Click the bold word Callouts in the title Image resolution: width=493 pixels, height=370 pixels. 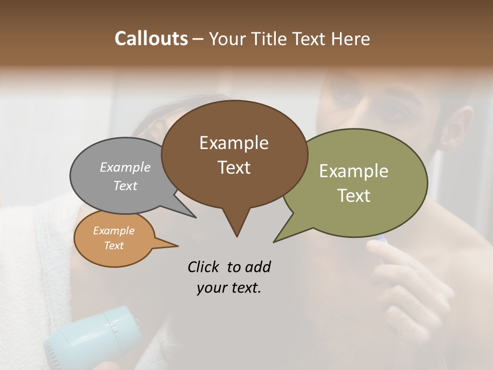(x=151, y=39)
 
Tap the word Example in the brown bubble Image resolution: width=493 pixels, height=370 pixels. (x=234, y=143)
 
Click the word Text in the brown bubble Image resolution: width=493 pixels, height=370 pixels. (x=234, y=168)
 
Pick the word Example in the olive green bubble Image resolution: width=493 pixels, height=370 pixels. (x=353, y=171)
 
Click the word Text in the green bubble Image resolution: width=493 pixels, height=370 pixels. (x=353, y=196)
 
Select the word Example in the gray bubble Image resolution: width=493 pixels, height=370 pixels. (x=125, y=167)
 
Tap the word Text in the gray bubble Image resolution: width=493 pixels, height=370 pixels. (x=125, y=186)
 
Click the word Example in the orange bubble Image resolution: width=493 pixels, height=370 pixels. (x=113, y=231)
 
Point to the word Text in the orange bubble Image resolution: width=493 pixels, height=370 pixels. (x=113, y=246)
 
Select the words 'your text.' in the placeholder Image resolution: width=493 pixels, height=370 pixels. (x=229, y=288)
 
